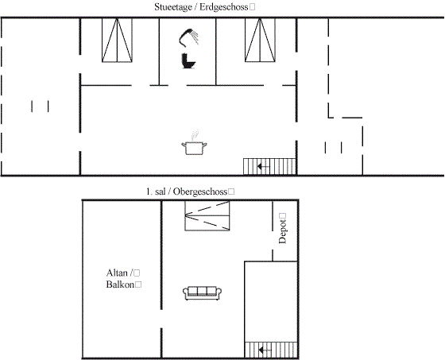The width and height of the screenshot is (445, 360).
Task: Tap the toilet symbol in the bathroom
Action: (x=188, y=61)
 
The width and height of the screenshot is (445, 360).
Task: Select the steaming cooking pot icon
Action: (x=194, y=143)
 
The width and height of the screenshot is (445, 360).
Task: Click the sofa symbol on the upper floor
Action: (x=202, y=293)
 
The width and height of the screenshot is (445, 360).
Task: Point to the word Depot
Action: (x=283, y=231)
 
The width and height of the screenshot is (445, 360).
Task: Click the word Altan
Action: (x=117, y=273)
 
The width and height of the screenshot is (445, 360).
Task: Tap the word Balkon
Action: (x=120, y=285)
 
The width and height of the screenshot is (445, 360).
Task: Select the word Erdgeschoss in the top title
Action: (x=224, y=7)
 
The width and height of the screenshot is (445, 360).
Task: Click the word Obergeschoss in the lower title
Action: (x=200, y=192)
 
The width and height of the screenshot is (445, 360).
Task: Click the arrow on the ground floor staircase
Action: (x=264, y=167)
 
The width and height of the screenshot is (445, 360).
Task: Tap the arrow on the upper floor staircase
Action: (x=265, y=350)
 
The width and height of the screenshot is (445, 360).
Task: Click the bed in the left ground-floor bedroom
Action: (x=117, y=40)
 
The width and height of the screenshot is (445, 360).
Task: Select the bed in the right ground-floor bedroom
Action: (x=260, y=40)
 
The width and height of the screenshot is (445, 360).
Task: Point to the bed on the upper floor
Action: (x=207, y=216)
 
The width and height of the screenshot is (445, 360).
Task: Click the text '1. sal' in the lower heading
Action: (x=156, y=192)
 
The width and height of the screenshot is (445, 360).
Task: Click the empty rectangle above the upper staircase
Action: (x=271, y=301)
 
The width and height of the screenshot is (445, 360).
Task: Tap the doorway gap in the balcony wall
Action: (x=161, y=318)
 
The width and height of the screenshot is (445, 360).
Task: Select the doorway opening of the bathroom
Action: (x=173, y=85)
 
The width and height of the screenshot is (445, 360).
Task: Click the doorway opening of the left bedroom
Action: (x=141, y=85)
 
